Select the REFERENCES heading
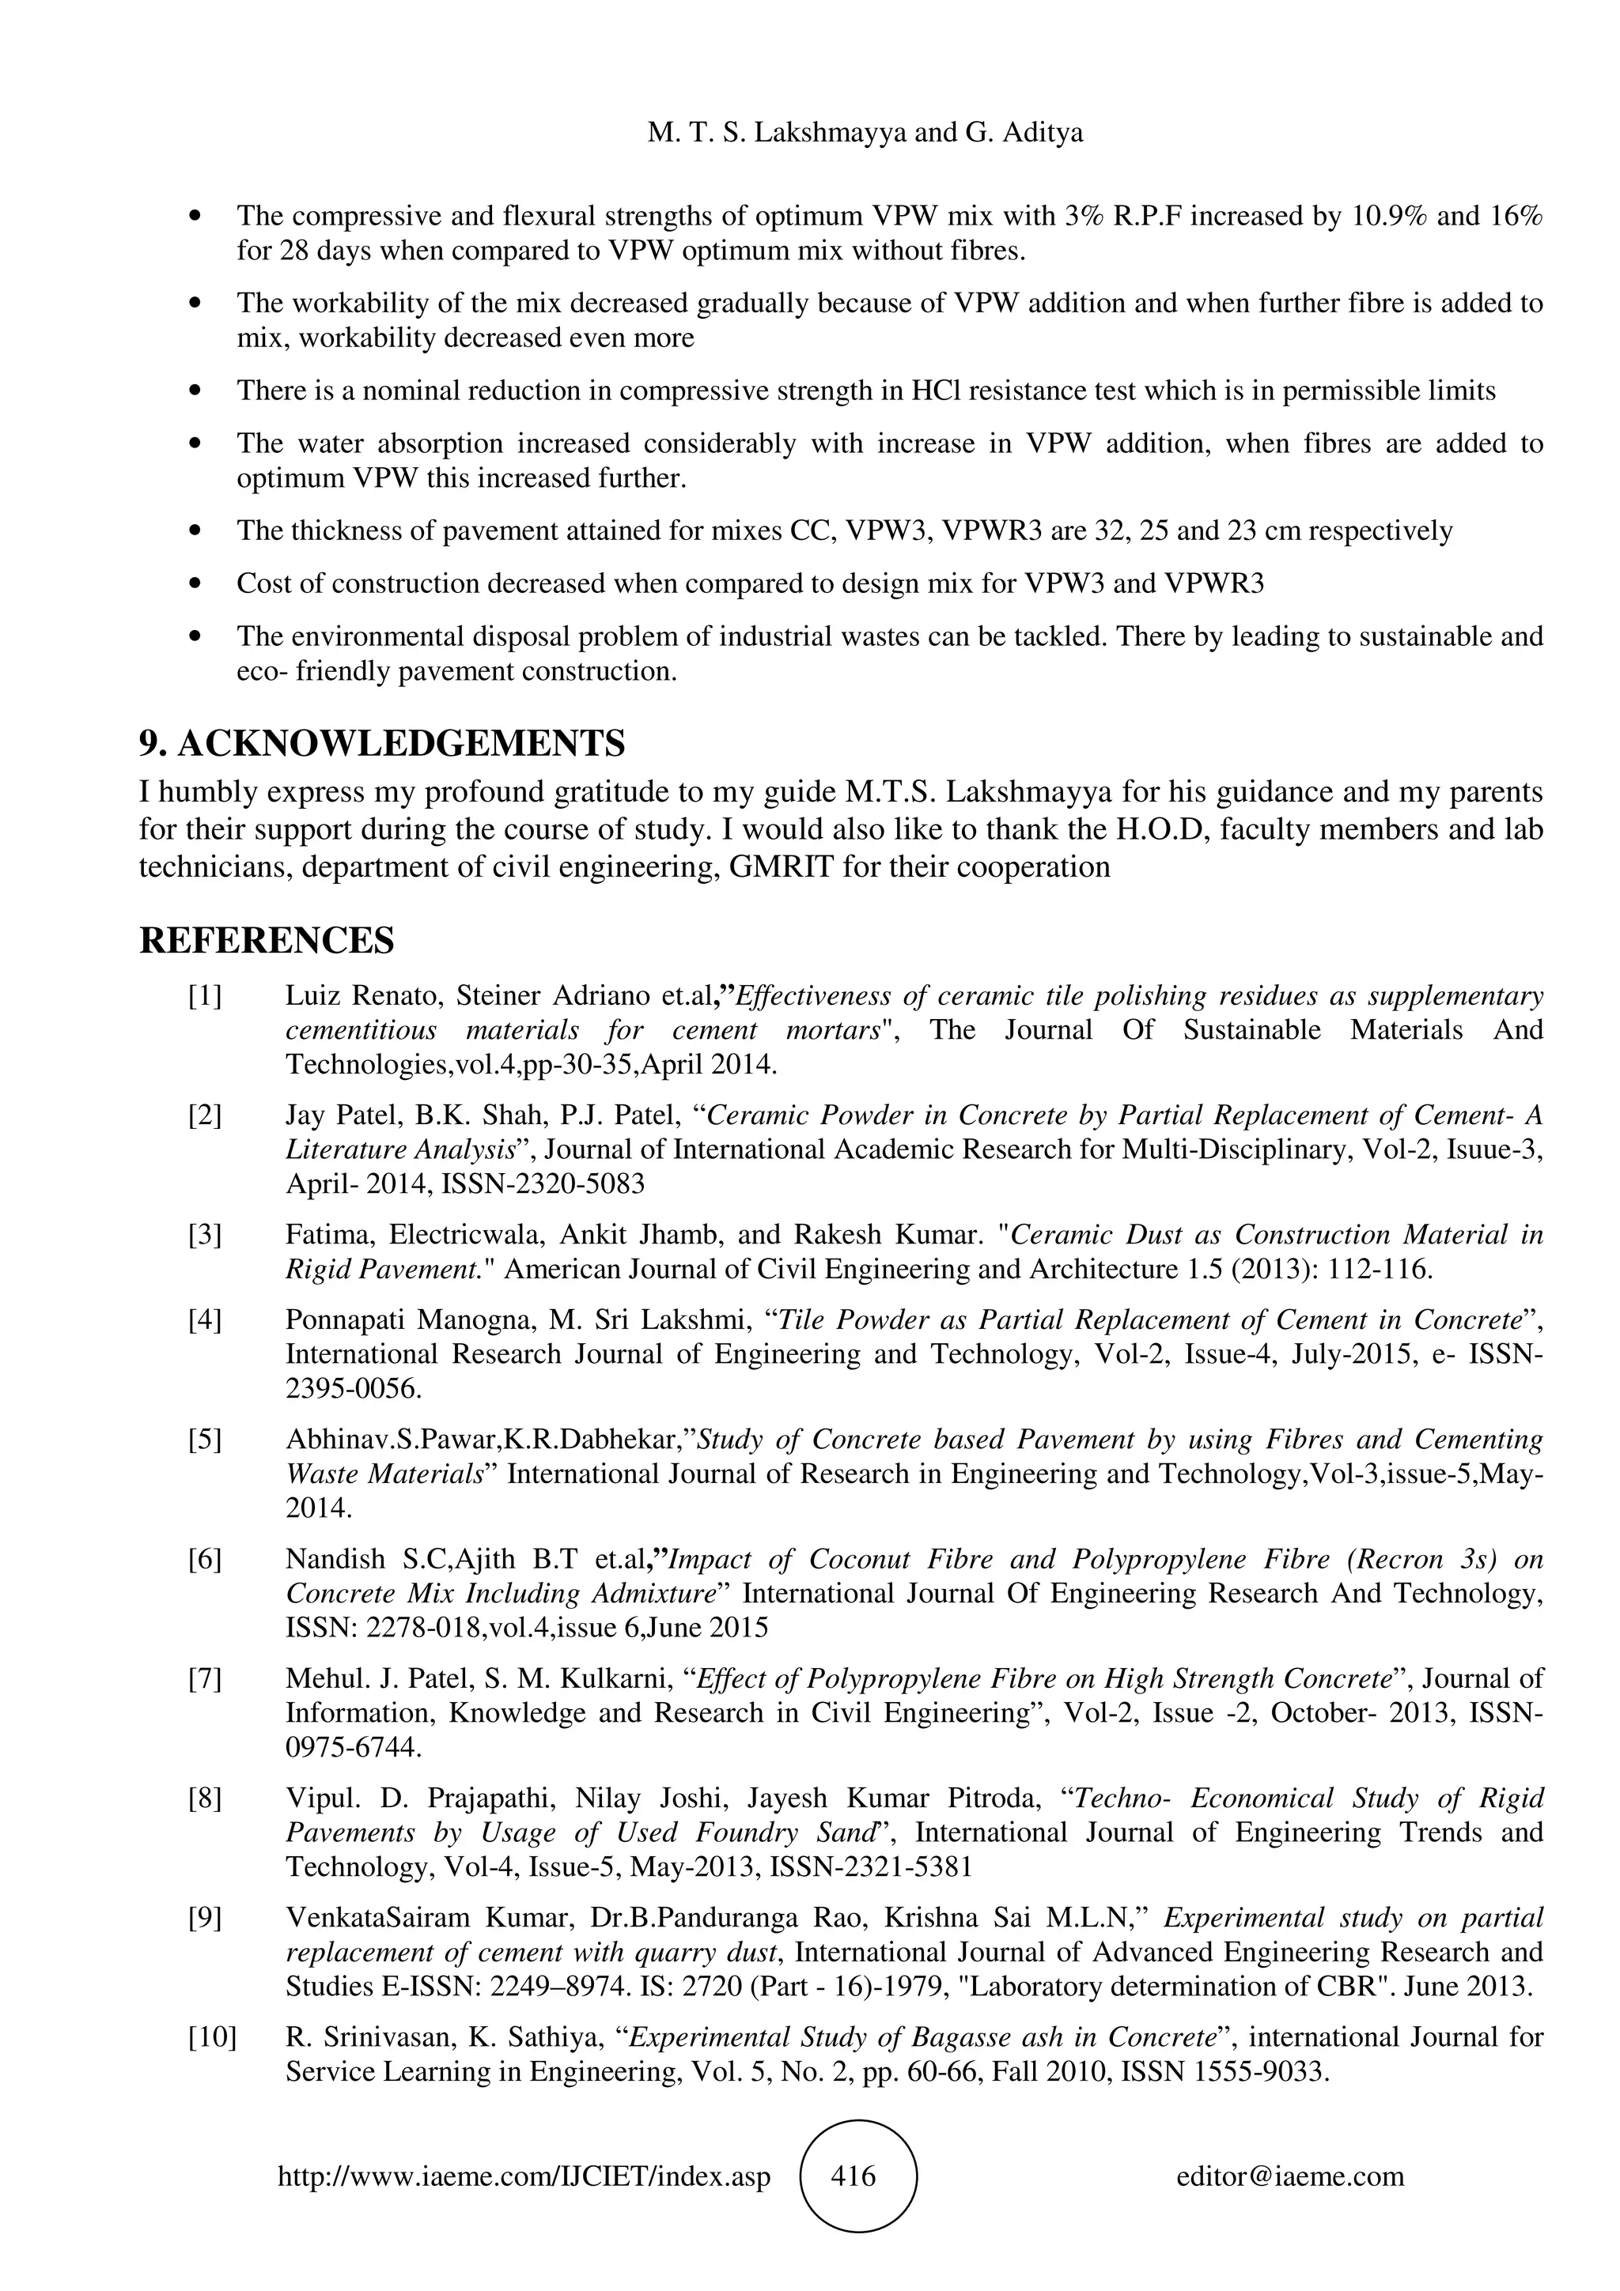[x=267, y=940]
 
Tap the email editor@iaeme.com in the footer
[x=1289, y=2176]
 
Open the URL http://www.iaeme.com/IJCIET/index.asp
[x=524, y=2176]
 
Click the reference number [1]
[x=205, y=996]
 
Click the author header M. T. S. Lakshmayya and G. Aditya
[x=865, y=133]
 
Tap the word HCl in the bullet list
[x=935, y=391]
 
